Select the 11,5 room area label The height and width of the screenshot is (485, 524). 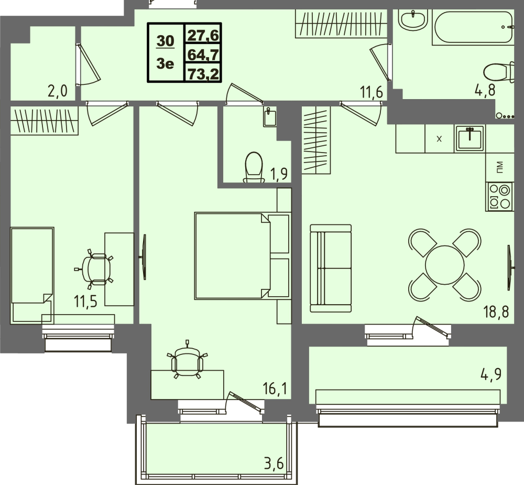[x=86, y=303]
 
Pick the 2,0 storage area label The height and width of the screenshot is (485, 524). [x=57, y=91]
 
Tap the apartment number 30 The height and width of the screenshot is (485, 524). [x=166, y=40]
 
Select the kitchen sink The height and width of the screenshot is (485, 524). [x=470, y=138]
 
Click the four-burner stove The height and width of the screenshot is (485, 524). [x=499, y=197]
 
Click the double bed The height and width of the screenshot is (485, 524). [x=241, y=256]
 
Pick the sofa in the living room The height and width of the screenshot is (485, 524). [x=331, y=267]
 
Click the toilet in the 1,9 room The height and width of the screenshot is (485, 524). [x=254, y=167]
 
